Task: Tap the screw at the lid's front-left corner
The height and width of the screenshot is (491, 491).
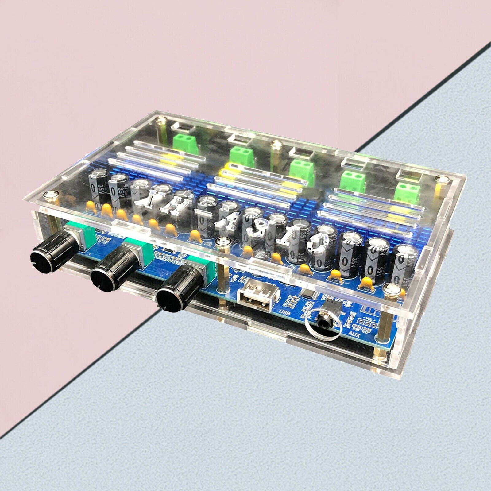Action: [x=50, y=195]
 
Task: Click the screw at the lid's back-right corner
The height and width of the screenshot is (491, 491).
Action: [x=443, y=179]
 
